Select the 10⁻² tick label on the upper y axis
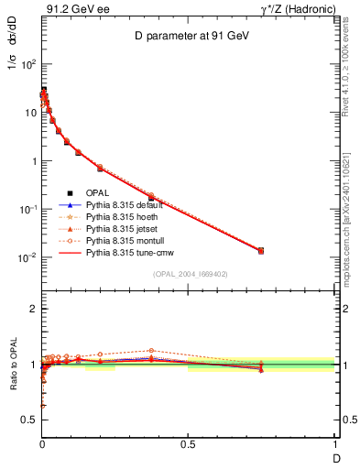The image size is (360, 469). [x=27, y=257]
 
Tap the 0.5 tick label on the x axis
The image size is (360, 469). [x=188, y=444]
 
